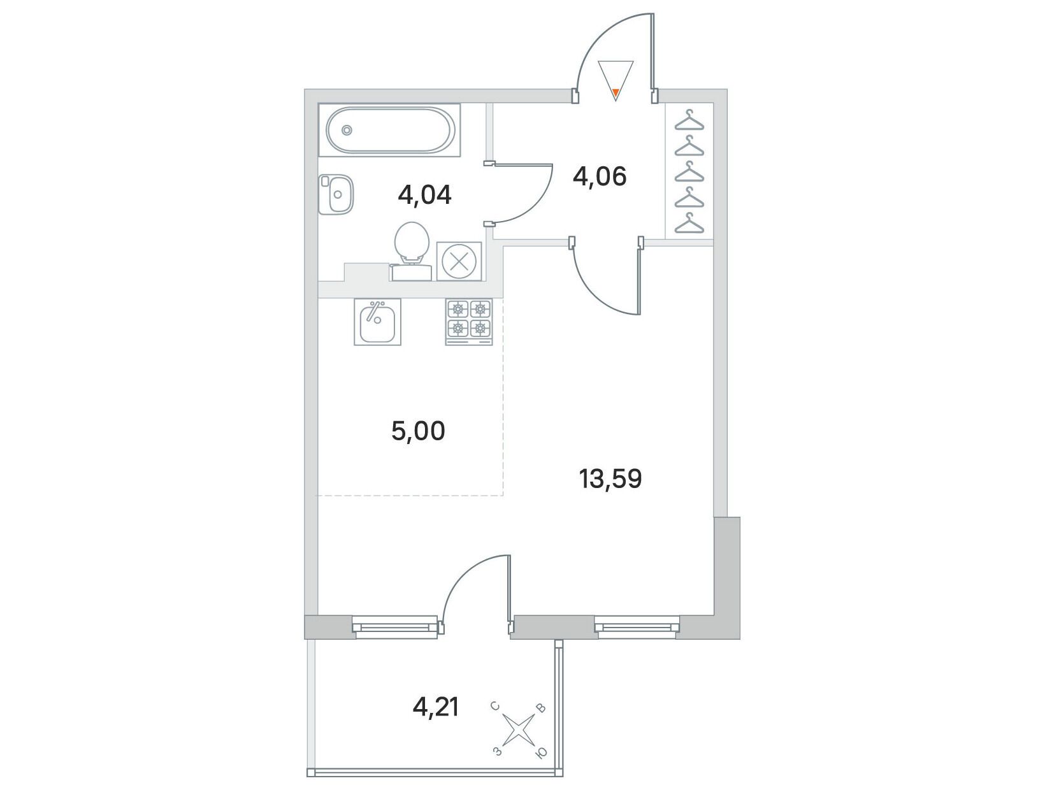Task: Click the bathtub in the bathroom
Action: pyautogui.click(x=389, y=130)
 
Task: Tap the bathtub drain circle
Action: pyautogui.click(x=347, y=130)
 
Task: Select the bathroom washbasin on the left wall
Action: pyautogui.click(x=336, y=194)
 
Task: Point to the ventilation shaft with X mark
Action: pyautogui.click(x=459, y=261)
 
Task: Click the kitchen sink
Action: pyautogui.click(x=377, y=322)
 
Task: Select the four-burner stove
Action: pyautogui.click(x=469, y=322)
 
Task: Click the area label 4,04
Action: pyautogui.click(x=424, y=195)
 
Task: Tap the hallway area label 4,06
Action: pyautogui.click(x=600, y=177)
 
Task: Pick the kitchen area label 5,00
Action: pyautogui.click(x=418, y=431)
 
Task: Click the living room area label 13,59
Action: pyautogui.click(x=610, y=478)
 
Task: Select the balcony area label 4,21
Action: pyautogui.click(x=436, y=707)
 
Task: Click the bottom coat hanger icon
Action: pyautogui.click(x=689, y=223)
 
